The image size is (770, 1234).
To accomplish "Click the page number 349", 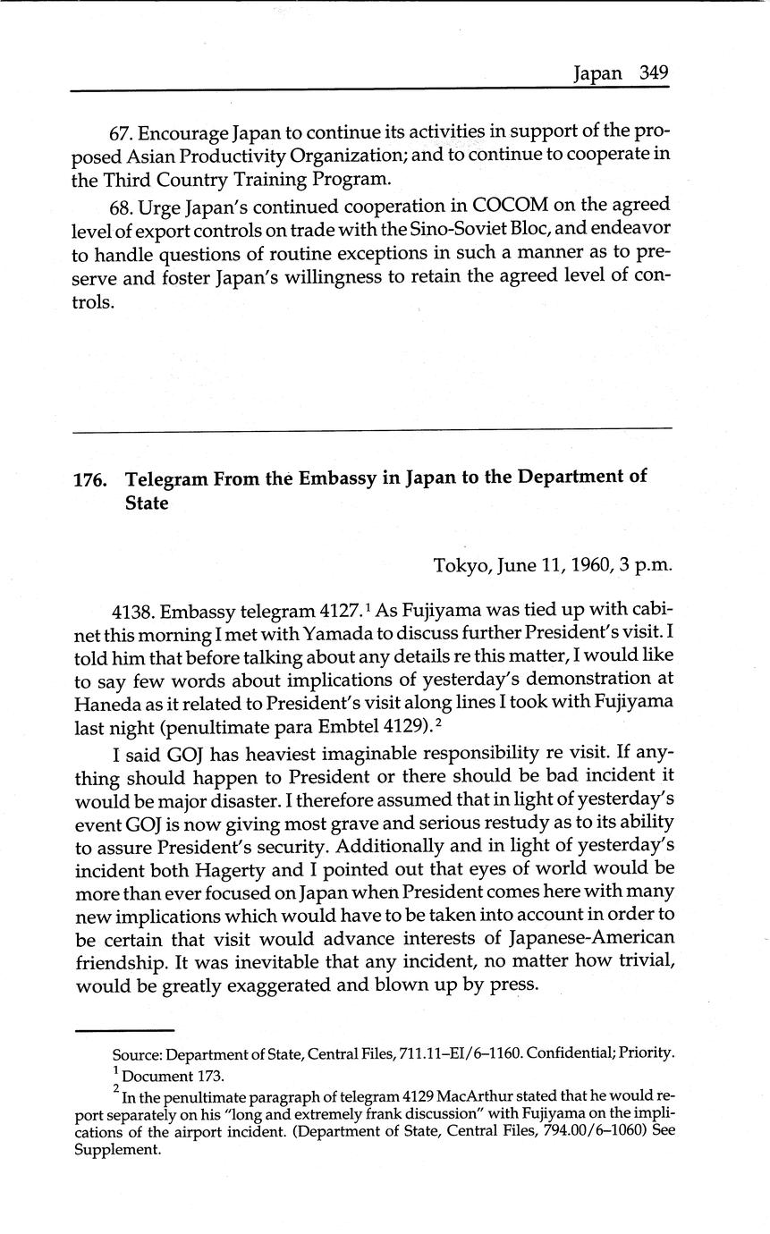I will (x=654, y=73).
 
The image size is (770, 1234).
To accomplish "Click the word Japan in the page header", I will (x=597, y=73).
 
